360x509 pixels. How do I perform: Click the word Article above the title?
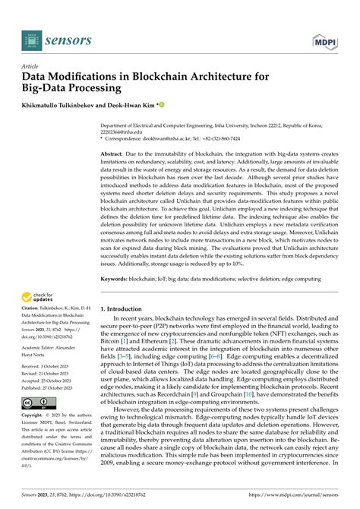pos(30,66)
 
